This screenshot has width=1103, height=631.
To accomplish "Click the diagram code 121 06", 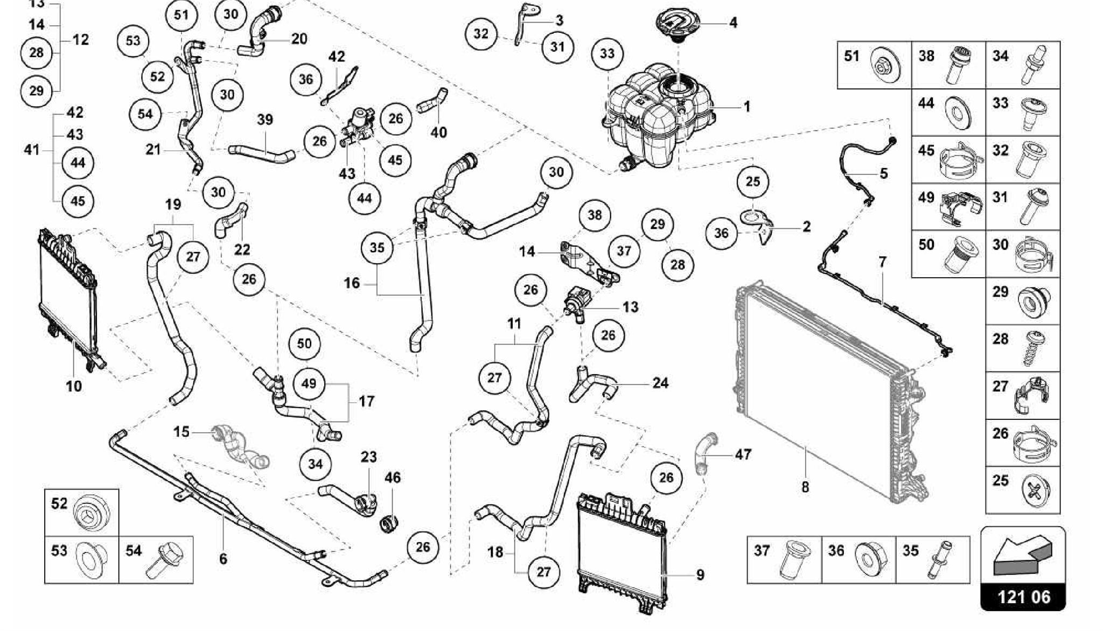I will (x=1023, y=597).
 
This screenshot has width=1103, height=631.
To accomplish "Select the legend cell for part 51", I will (x=874, y=65).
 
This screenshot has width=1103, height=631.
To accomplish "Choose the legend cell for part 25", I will (x=1023, y=489).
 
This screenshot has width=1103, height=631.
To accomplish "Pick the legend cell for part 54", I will (x=156, y=559).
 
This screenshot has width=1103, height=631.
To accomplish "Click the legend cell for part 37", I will (x=784, y=559).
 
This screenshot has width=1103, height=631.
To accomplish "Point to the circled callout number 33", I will (x=607, y=54).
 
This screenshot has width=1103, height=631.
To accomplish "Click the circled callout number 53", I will (x=133, y=41).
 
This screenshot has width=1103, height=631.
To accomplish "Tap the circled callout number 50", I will (x=304, y=343).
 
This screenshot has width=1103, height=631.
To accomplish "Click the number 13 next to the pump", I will (x=630, y=307).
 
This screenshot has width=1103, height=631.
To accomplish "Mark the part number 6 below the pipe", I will (x=223, y=559).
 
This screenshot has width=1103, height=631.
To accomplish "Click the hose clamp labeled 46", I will (x=390, y=522).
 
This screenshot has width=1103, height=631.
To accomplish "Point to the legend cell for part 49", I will (x=948, y=207).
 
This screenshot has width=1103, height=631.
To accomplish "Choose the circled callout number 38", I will (x=595, y=215).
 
